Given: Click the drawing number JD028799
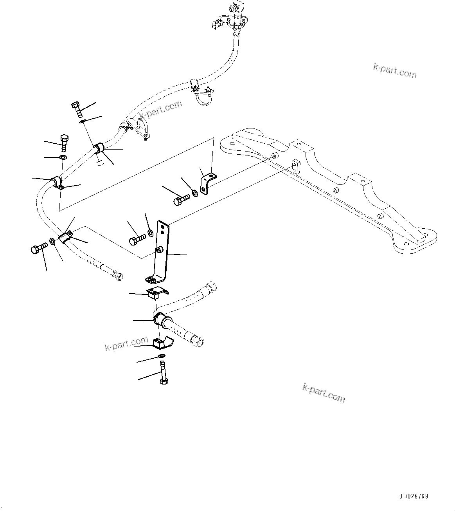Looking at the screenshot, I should [414, 496].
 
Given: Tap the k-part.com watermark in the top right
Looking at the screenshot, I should [395, 71].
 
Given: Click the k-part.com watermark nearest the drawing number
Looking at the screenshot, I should [324, 392].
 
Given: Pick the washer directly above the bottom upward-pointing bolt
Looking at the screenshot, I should [161, 356].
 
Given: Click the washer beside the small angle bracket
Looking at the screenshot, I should [195, 193].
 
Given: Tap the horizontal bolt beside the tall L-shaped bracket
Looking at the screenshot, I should [137, 239].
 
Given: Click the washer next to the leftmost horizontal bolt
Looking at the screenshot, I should [52, 241].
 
